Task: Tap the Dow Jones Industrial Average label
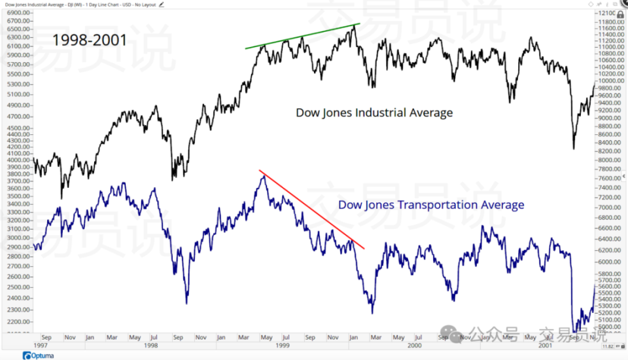[374, 113]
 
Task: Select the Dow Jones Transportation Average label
[431, 205]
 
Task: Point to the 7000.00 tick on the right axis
[610, 207]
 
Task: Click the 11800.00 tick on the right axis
[610, 21]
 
